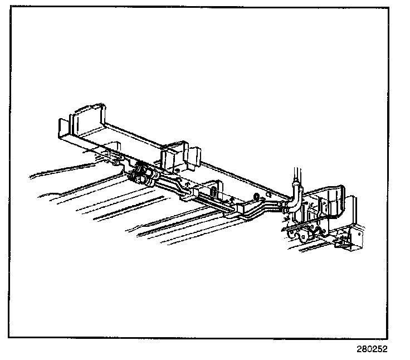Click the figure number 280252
click(372, 349)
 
